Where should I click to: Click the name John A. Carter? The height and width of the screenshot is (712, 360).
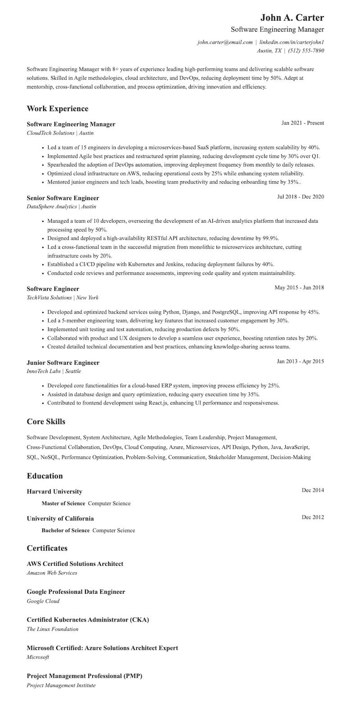pyautogui.click(x=292, y=18)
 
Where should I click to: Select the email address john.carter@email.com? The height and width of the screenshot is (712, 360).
pyautogui.click(x=225, y=42)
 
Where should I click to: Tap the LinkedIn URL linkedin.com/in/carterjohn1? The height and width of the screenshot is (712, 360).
pyautogui.click(x=292, y=42)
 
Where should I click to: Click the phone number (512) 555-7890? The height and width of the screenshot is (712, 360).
pyautogui.click(x=306, y=51)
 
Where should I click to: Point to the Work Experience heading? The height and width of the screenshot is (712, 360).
pyautogui.click(x=58, y=108)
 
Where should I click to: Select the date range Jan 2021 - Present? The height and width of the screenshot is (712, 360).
pyautogui.click(x=302, y=123)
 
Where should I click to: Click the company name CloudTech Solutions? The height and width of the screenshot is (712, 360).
pyautogui.click(x=50, y=133)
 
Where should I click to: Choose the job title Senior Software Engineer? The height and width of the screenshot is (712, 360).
pyautogui.click(x=63, y=198)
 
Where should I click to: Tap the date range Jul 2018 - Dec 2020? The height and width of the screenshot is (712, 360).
pyautogui.click(x=301, y=197)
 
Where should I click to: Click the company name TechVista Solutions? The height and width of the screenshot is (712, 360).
pyautogui.click(x=49, y=298)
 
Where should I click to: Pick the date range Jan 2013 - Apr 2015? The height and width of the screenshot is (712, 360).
pyautogui.click(x=300, y=361)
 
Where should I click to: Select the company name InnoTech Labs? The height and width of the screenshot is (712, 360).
pyautogui.click(x=44, y=372)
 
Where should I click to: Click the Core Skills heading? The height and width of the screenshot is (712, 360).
pyautogui.click(x=46, y=421)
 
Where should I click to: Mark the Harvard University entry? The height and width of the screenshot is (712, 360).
pyautogui.click(x=54, y=492)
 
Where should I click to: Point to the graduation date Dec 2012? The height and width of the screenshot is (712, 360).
pyautogui.click(x=313, y=517)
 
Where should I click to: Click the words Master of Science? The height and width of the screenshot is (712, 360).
pyautogui.click(x=63, y=503)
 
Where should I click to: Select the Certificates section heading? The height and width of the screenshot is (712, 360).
pyautogui.click(x=47, y=548)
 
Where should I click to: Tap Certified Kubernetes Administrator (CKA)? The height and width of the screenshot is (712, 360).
pyautogui.click(x=88, y=620)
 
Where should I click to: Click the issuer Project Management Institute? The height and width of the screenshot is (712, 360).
pyautogui.click(x=61, y=685)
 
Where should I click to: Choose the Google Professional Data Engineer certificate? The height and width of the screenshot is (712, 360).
pyautogui.click(x=76, y=592)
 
